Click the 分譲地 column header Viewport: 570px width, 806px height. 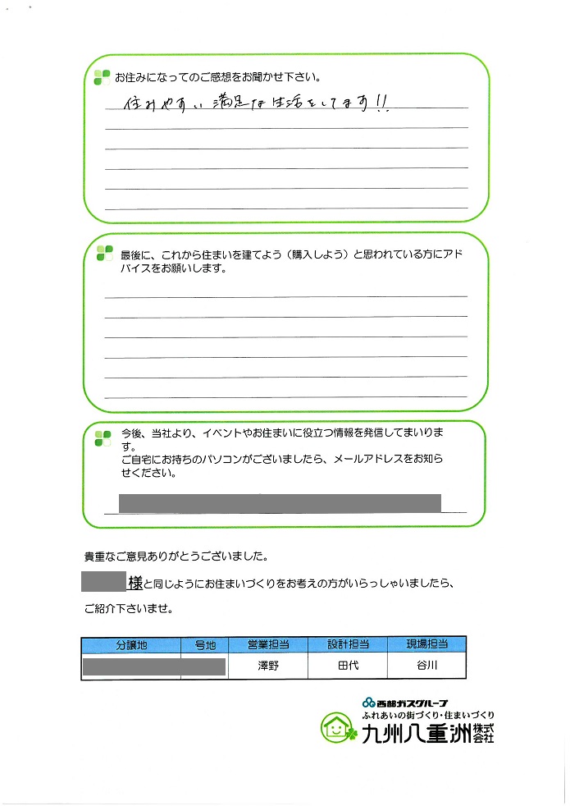(131, 646)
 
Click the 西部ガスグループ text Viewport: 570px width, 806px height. (406, 703)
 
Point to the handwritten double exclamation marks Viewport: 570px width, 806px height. (382, 102)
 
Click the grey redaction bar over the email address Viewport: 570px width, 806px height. (280, 503)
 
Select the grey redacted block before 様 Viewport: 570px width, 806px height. (104, 582)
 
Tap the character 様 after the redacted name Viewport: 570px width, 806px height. (135, 583)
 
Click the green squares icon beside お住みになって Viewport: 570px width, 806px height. (102, 78)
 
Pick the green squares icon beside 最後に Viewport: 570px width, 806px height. (104, 252)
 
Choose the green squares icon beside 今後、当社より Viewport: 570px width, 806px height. (103, 437)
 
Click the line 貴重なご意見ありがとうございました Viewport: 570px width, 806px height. (176, 556)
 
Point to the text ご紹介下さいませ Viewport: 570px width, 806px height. (130, 610)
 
